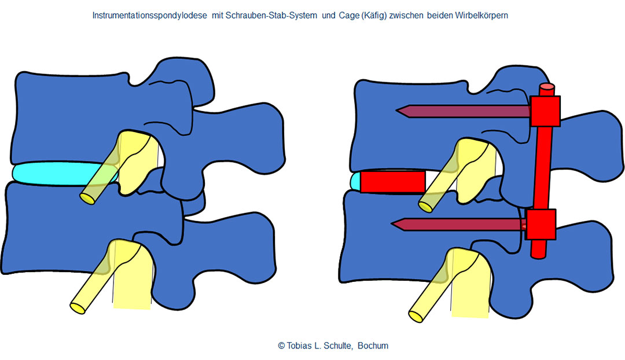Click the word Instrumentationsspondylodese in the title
tap(149, 16)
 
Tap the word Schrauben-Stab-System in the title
tap(271, 16)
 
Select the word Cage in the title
tap(348, 16)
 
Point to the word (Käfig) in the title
tap(373, 16)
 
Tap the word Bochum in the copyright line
tap(373, 346)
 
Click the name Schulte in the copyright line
tap(337, 346)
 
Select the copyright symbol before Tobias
tap(281, 346)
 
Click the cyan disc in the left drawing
tap(60, 174)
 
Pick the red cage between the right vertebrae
tap(393, 182)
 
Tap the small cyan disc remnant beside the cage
tap(355, 181)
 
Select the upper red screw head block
tap(545, 111)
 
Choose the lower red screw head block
tap(541, 225)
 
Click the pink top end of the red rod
tap(547, 86)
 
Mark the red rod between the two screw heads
tap(542, 168)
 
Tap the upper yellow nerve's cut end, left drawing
tap(88, 199)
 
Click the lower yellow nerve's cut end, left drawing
tap(78, 308)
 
